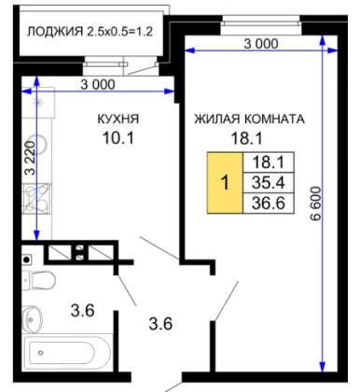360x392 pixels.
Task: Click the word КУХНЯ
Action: pyautogui.click(x=118, y=119)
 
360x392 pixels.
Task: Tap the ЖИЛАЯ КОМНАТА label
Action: pyautogui.click(x=249, y=119)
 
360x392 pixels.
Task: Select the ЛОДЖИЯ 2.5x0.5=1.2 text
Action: pyautogui.click(x=90, y=32)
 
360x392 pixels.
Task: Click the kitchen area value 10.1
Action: pyautogui.click(x=118, y=137)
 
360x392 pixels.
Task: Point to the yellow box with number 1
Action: pyautogui.click(x=225, y=183)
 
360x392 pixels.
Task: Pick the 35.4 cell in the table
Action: pyautogui.click(x=269, y=182)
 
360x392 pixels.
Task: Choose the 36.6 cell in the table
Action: pyautogui.click(x=269, y=203)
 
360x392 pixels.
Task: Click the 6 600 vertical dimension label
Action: pyautogui.click(x=315, y=203)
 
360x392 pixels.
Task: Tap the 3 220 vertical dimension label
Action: pyautogui.click(x=31, y=158)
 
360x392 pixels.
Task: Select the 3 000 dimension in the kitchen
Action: pyautogui.click(x=98, y=85)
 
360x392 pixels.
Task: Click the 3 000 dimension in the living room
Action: pyautogui.click(x=261, y=44)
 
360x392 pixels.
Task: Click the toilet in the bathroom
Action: pyautogui.click(x=39, y=279)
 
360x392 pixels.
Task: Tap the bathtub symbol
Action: pyautogui.click(x=67, y=353)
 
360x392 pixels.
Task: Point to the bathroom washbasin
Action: pyautogui.click(x=32, y=318)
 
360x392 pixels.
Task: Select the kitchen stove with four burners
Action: pyautogui.click(x=36, y=199)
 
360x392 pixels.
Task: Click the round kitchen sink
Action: pyautogui.click(x=39, y=144)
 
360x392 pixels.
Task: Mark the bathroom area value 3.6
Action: pyautogui.click(x=82, y=311)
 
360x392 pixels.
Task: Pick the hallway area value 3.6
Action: pyautogui.click(x=160, y=324)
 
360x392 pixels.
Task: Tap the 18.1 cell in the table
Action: pyautogui.click(x=269, y=162)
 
